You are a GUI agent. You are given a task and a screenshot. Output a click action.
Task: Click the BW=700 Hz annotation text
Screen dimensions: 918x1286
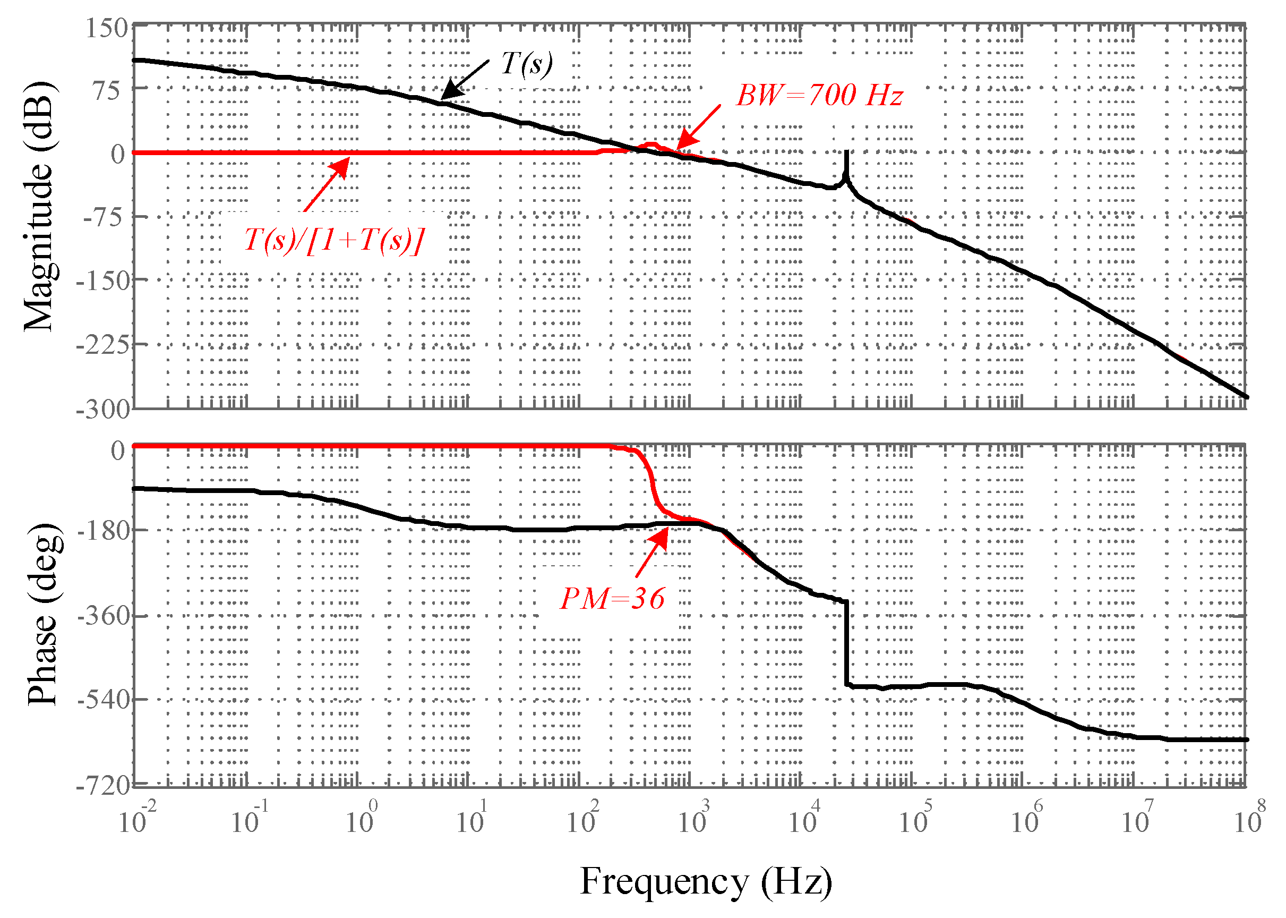coord(819,95)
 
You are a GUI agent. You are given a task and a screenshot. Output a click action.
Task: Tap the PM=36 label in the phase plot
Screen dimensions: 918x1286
coord(612,599)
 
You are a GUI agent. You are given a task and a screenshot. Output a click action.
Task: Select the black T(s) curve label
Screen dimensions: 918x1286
coord(527,63)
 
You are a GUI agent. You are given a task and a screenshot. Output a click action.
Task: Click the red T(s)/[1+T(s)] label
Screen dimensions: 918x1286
coord(333,240)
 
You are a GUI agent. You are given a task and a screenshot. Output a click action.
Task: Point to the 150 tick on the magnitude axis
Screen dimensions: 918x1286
coord(107,28)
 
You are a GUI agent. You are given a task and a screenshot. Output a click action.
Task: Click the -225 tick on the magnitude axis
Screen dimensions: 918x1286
coord(104,344)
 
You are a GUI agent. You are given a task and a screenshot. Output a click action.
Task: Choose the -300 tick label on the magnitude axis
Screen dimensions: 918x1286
coord(104,409)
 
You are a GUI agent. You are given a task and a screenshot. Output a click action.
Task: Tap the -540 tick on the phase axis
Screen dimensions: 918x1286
coord(104,700)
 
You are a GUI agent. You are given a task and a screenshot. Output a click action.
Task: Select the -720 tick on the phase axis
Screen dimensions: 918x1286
coord(104,785)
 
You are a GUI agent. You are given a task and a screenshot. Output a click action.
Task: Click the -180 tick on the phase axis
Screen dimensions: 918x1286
coord(104,530)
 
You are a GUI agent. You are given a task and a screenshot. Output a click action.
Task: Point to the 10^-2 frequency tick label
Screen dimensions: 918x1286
coord(137,819)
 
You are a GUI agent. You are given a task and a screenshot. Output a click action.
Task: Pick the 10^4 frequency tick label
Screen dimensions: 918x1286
coord(804,819)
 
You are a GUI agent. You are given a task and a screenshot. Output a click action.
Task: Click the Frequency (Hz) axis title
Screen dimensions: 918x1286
coord(706,881)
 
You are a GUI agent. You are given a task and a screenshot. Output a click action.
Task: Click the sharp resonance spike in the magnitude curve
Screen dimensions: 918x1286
coord(846,164)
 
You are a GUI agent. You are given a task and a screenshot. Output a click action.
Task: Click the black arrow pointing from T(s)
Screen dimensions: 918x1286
coord(465,80)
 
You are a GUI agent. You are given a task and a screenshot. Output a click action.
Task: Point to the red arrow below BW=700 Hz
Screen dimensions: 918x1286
coord(698,127)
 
